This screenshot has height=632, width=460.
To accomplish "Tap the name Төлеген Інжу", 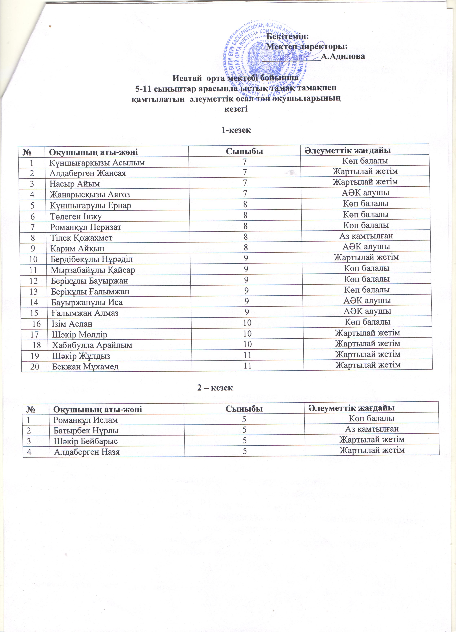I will click(76, 218).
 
